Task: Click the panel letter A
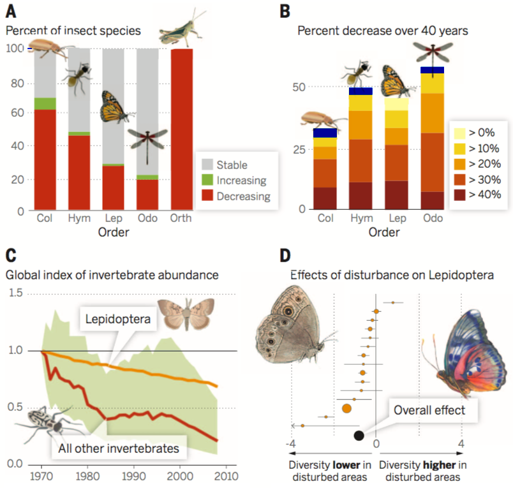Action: tap(11, 11)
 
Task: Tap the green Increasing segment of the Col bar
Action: tap(45, 103)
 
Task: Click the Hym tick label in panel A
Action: tap(78, 218)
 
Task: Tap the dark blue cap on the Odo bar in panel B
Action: tap(433, 70)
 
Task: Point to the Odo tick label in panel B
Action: tap(433, 218)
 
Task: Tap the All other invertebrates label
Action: tap(119, 448)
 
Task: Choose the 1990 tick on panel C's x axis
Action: tap(133, 475)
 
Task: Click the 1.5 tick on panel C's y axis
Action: tap(15, 293)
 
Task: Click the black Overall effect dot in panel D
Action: tap(359, 436)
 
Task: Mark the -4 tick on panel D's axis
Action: tap(291, 443)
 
